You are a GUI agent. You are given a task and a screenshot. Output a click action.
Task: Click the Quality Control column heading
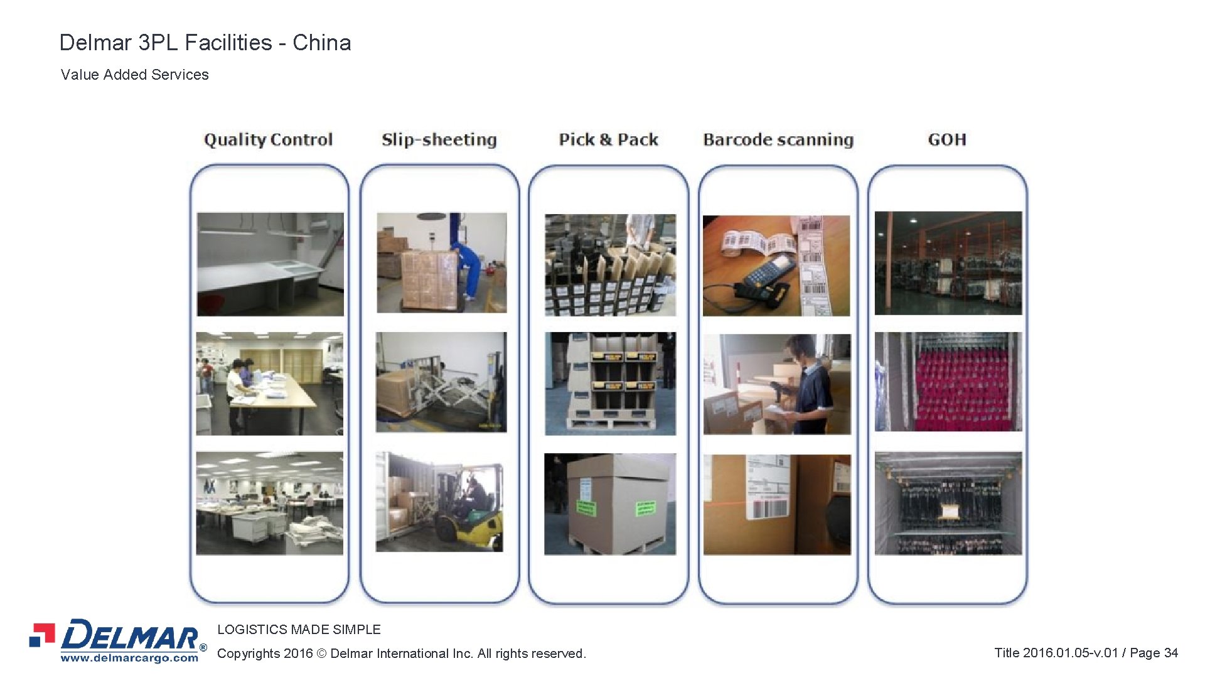click(268, 139)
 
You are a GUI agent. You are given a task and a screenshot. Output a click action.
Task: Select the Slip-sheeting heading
click(439, 139)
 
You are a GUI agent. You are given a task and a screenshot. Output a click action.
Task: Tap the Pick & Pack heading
click(608, 139)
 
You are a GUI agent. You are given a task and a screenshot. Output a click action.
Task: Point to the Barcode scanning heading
click(778, 139)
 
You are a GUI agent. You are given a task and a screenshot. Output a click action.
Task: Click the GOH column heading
click(946, 139)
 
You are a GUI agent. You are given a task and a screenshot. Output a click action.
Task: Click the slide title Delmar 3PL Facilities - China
click(205, 43)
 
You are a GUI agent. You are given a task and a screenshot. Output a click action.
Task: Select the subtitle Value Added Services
click(134, 75)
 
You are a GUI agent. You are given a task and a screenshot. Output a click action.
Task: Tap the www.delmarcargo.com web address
click(129, 659)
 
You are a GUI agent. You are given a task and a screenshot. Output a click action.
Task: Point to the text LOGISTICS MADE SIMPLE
click(299, 630)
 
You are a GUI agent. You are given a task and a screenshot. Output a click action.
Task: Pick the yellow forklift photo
click(439, 502)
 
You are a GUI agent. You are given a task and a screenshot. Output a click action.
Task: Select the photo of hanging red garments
click(948, 382)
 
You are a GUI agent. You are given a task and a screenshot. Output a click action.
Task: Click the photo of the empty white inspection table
click(270, 264)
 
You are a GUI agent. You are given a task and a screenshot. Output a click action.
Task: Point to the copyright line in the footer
click(401, 654)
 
